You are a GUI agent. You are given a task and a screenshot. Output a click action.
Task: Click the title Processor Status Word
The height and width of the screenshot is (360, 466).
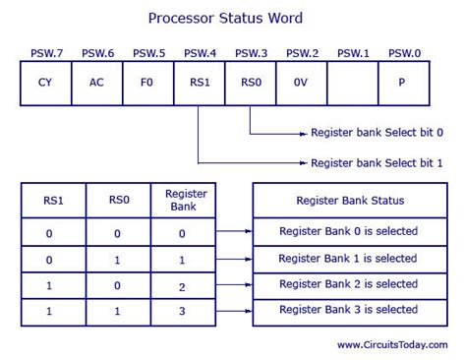225,18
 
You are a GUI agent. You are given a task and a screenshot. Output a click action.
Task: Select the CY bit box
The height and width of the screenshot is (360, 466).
45,83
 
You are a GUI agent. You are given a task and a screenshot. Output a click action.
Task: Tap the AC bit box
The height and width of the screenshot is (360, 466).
96,83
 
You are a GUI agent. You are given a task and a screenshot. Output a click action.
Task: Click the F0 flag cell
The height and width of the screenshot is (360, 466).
147,83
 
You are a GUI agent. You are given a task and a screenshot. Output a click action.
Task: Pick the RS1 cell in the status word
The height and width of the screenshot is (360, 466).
200,83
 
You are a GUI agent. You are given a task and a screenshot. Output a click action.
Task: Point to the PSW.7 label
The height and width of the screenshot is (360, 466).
45,52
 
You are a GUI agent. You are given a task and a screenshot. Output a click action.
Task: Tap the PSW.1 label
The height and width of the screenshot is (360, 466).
353,52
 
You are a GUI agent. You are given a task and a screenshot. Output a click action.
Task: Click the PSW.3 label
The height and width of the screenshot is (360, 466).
251,52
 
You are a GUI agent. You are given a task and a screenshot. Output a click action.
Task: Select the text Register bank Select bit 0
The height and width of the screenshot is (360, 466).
377,132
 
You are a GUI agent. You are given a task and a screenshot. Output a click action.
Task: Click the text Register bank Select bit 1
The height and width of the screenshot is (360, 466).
377,162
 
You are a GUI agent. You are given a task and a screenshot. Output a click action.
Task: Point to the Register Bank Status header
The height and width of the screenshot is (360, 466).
350,201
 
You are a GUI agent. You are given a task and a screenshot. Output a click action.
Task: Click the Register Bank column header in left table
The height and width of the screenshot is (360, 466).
185,201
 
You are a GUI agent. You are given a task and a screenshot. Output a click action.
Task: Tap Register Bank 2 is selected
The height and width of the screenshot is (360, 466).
348,284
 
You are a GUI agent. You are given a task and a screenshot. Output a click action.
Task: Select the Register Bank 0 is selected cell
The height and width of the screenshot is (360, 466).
348,231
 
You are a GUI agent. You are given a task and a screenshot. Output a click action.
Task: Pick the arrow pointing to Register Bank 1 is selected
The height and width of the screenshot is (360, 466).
234,258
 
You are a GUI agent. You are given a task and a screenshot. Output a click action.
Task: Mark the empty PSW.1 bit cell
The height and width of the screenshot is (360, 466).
353,83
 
